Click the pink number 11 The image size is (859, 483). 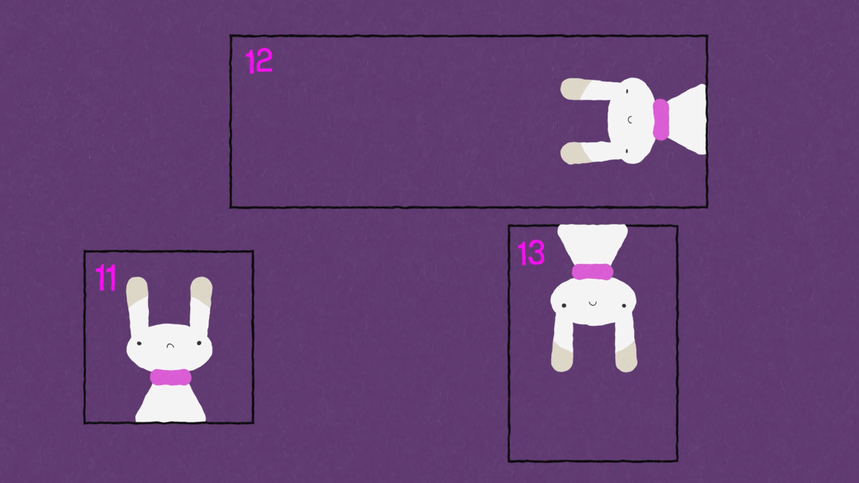click(106, 278)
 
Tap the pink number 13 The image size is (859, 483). click(531, 253)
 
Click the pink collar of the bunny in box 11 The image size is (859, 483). click(170, 377)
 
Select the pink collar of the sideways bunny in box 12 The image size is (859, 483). click(660, 119)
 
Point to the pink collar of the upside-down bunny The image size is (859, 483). click(592, 271)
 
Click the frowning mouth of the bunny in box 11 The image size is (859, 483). click(170, 345)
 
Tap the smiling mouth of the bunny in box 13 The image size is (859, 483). click(593, 304)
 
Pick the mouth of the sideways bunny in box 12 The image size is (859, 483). click(629, 119)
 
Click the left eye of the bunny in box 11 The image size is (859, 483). click(139, 343)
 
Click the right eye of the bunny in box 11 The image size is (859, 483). click(199, 343)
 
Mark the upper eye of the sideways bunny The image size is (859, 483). click(627, 91)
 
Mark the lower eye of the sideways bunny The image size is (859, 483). click(627, 150)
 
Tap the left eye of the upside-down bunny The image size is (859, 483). click(564, 306)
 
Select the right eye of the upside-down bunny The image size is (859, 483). click(625, 305)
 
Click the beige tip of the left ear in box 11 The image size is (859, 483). click(136, 290)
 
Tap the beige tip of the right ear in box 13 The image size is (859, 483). click(626, 358)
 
